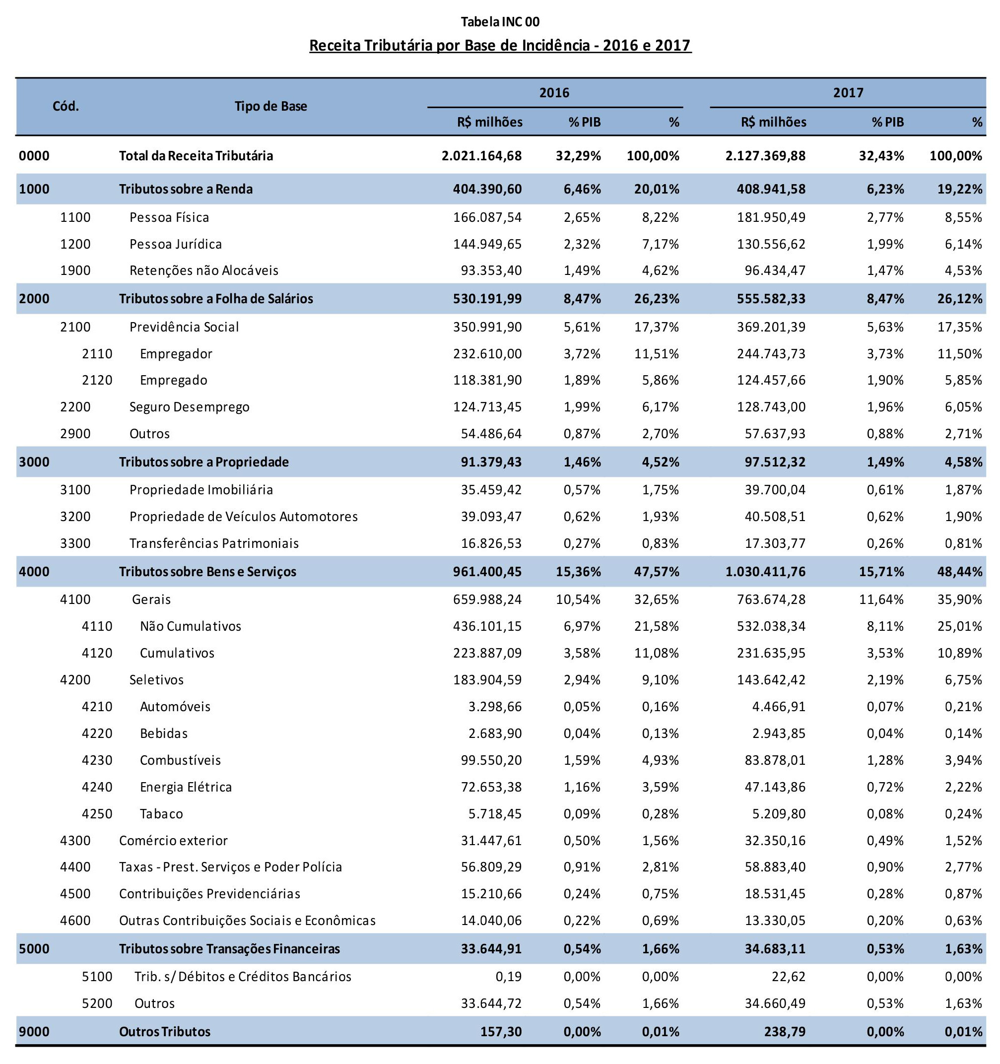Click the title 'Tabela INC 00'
pyautogui.click(x=500, y=22)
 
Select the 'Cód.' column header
pyautogui.click(x=66, y=106)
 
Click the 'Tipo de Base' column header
pyautogui.click(x=271, y=106)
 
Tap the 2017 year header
pyautogui.click(x=848, y=93)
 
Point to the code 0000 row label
pyautogui.click(x=34, y=156)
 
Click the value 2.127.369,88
pyautogui.click(x=766, y=156)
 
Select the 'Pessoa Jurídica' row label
pyautogui.click(x=176, y=244)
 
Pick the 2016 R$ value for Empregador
pyautogui.click(x=487, y=354)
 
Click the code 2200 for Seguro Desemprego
pyautogui.click(x=75, y=407)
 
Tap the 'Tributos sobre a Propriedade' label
pyautogui.click(x=204, y=462)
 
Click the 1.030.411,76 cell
pyautogui.click(x=766, y=572)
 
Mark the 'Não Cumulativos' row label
pyautogui.click(x=191, y=626)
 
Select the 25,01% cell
pyautogui.click(x=960, y=626)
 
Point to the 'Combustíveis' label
pyautogui.click(x=181, y=760)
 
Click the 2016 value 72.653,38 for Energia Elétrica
pyautogui.click(x=491, y=787)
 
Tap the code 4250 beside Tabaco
pyautogui.click(x=97, y=813)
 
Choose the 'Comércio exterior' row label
pyautogui.click(x=173, y=840)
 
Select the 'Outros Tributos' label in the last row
pyautogui.click(x=165, y=1031)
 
